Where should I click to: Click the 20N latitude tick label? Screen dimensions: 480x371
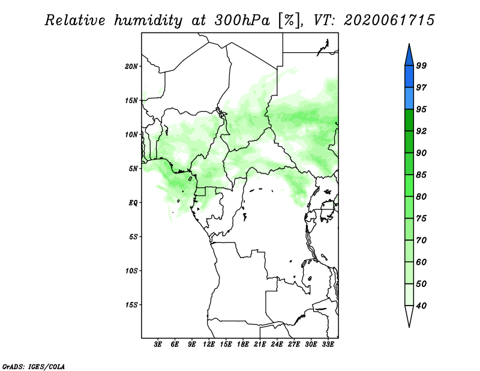pyautogui.click(x=131, y=67)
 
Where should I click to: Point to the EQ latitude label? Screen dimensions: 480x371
pyautogui.click(x=133, y=203)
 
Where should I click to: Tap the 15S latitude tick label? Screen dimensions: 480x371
pyautogui.click(x=131, y=305)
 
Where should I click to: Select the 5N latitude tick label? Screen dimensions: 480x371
pyautogui.click(x=133, y=169)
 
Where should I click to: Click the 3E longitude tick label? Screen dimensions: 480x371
pyautogui.click(x=158, y=345)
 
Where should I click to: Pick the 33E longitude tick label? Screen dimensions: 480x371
pyautogui.click(x=328, y=345)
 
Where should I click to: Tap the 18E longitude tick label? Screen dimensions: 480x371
pyautogui.click(x=243, y=345)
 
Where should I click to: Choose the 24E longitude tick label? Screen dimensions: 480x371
pyautogui.click(x=277, y=345)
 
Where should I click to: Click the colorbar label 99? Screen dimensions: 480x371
pyautogui.click(x=421, y=65)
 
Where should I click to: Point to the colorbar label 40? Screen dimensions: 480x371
pyautogui.click(x=421, y=306)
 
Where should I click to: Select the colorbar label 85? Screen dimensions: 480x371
pyautogui.click(x=421, y=175)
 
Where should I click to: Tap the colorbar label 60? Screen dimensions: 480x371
pyautogui.click(x=421, y=262)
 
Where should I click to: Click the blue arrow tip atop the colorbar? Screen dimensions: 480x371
pyautogui.click(x=409, y=44)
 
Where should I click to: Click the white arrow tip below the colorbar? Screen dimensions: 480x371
pyautogui.click(x=409, y=327)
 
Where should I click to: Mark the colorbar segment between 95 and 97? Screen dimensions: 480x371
pyautogui.click(x=409, y=98)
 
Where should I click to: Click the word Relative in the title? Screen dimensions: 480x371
pyautogui.click(x=75, y=20)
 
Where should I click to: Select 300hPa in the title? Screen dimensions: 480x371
pyautogui.click(x=242, y=20)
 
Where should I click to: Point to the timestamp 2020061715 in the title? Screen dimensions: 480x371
pyautogui.click(x=389, y=20)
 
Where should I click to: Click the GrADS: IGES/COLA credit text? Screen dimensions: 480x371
pyautogui.click(x=34, y=366)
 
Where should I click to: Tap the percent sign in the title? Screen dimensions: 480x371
pyautogui.click(x=289, y=20)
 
